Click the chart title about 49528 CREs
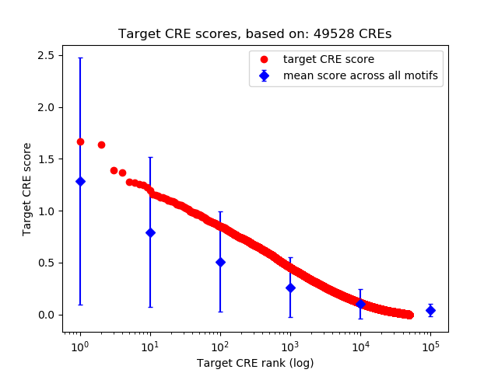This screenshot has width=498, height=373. click(x=255, y=34)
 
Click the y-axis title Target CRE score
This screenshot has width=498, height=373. click(x=27, y=189)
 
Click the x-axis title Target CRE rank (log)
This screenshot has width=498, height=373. click(x=255, y=362)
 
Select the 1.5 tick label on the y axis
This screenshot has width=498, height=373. click(x=46, y=159)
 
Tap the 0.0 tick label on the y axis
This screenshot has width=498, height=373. click(x=46, y=315)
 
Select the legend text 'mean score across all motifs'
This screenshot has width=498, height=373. click(x=359, y=75)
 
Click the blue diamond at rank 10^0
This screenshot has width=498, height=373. click(x=80, y=181)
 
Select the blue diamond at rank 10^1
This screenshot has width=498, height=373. click(x=150, y=232)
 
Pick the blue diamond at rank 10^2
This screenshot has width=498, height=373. click(x=220, y=262)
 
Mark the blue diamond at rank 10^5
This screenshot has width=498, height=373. click(x=430, y=310)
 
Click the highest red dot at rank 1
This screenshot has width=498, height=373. click(x=80, y=141)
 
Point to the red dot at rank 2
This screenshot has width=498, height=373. click(x=101, y=145)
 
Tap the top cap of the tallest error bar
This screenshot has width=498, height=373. click(x=80, y=58)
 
